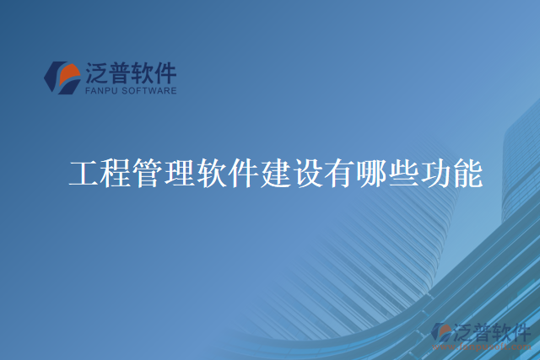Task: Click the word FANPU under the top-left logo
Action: (103, 90)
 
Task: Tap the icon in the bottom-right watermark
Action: (441, 333)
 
